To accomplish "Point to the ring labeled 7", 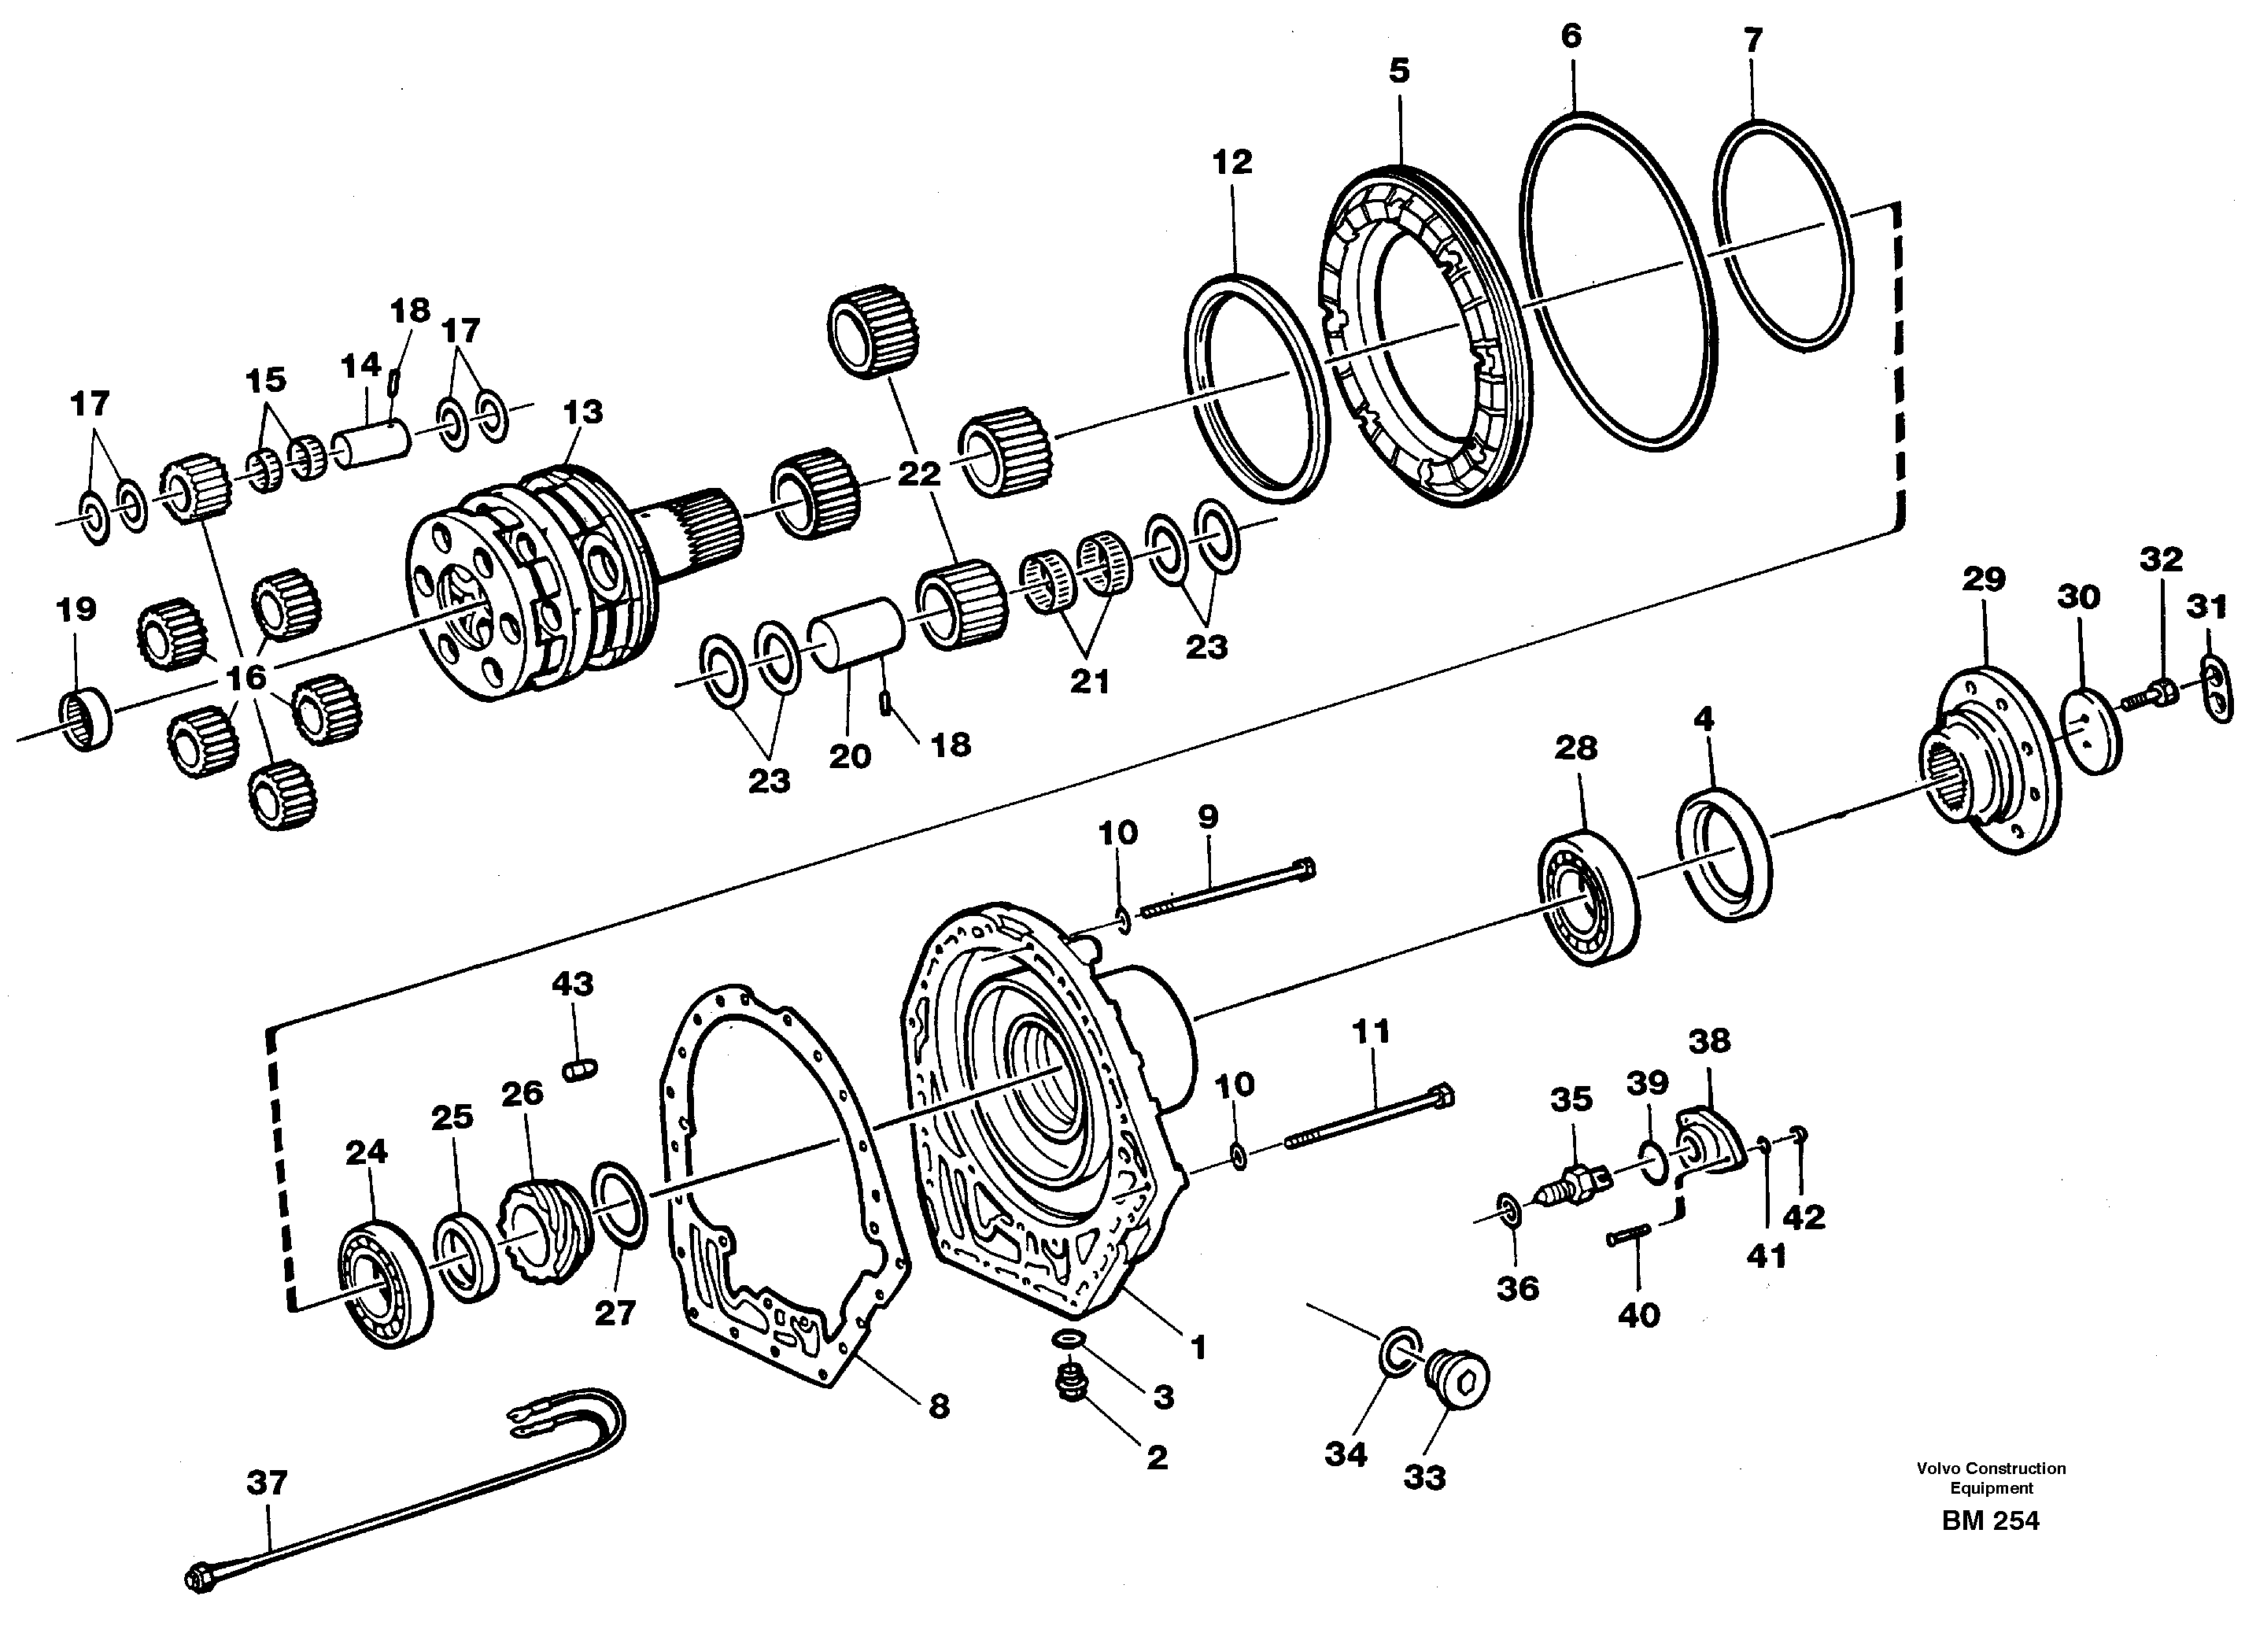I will coord(1782,235).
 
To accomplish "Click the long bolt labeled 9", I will coord(1228,890).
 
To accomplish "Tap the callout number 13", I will coord(582,412).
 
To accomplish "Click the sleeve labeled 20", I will coord(856,634).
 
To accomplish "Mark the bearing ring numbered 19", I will coord(85,716).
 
